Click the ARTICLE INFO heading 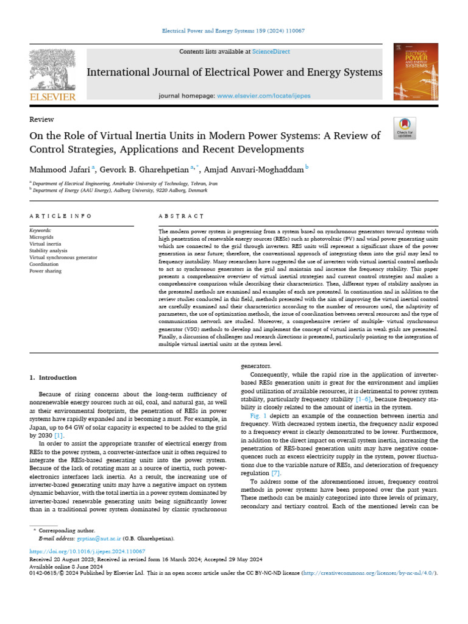point(60,216)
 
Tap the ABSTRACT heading point(180,216)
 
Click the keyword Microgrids point(42,237)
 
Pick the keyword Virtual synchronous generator point(63,257)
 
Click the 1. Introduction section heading point(54,378)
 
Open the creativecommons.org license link point(370,573)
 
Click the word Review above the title point(41,119)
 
